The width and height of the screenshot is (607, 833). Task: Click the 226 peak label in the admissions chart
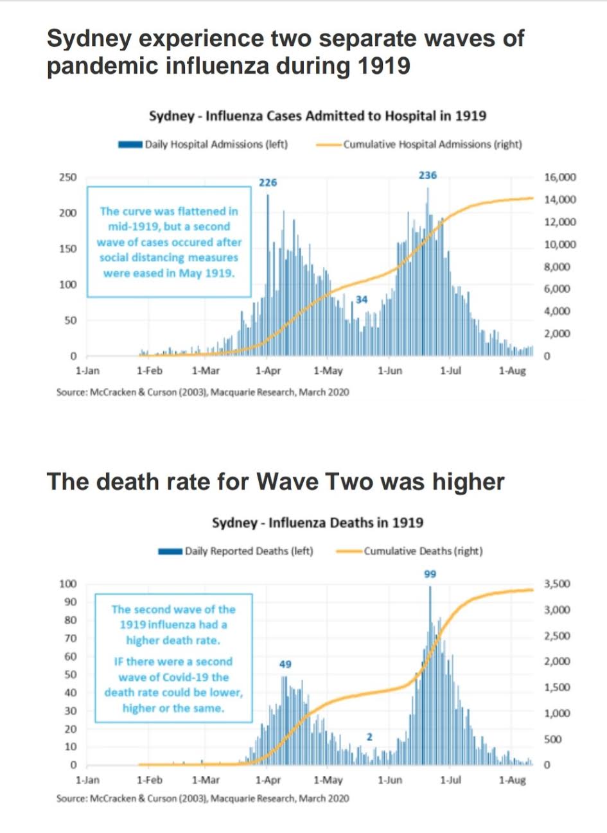pos(268,182)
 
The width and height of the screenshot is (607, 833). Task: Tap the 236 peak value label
pos(428,175)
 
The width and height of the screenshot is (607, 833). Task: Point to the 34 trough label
pos(362,299)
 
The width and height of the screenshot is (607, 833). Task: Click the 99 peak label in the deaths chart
pos(430,574)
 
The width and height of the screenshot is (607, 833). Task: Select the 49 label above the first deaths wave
pos(285,664)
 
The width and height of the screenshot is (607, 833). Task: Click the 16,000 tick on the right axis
pos(560,177)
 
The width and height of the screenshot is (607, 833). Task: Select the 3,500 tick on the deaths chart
pos(556,584)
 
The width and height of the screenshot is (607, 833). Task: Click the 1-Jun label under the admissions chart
pos(389,371)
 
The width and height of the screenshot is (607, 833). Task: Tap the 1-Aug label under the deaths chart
pos(512,780)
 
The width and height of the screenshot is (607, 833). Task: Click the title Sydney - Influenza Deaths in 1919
pos(317,522)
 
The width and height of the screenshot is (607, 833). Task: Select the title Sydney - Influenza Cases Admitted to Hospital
pos(317,116)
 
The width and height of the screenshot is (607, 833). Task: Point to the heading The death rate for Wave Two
pos(276,482)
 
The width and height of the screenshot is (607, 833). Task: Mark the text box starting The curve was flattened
pos(168,242)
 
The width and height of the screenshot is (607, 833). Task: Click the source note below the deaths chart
pos(203,798)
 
